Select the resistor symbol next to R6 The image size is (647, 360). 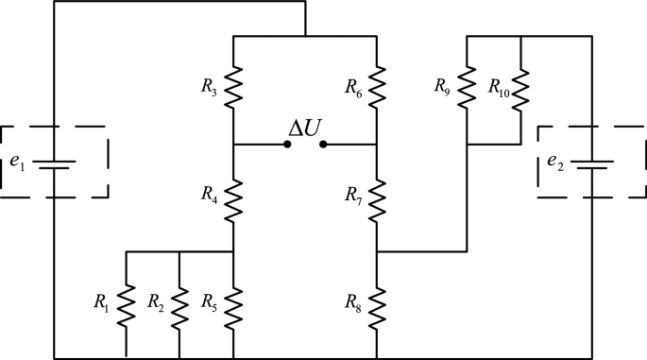pyautogui.click(x=377, y=88)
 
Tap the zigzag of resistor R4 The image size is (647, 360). pyautogui.click(x=233, y=198)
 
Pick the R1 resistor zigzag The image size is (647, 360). pyautogui.click(x=126, y=306)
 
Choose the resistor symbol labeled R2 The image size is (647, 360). pyautogui.click(x=179, y=306)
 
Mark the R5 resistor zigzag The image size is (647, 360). pyautogui.click(x=233, y=306)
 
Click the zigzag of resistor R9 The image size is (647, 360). pyautogui.click(x=467, y=88)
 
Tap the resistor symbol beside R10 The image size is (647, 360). pyautogui.click(x=520, y=88)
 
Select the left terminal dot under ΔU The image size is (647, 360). pyautogui.click(x=287, y=145)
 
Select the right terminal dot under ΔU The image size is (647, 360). pyautogui.click(x=323, y=145)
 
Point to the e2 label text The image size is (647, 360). pyautogui.click(x=554, y=162)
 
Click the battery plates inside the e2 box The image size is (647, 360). pyautogui.click(x=592, y=163)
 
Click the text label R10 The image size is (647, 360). pyautogui.click(x=499, y=87)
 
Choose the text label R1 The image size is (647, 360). pyautogui.click(x=101, y=303)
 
